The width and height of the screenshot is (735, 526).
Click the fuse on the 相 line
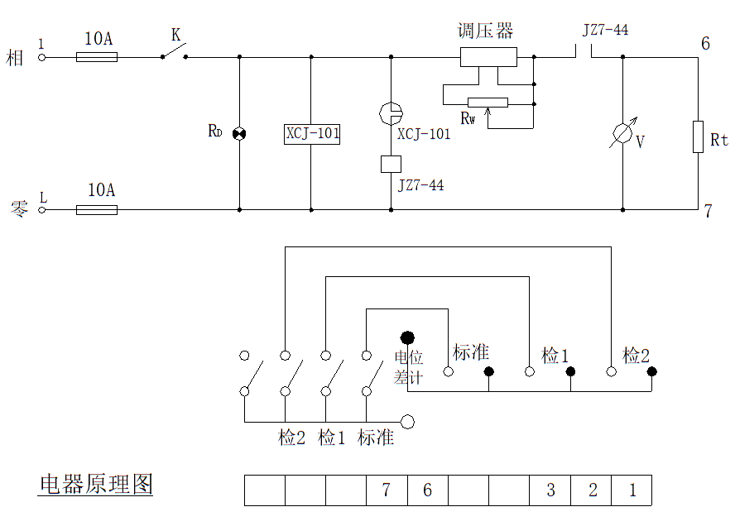coord(97,57)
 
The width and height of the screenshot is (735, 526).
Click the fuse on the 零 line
coord(97,210)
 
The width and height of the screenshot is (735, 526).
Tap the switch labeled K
coord(173,52)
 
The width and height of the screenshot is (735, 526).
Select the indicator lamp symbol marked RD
coord(239,133)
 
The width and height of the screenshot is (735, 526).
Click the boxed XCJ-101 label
coord(313,133)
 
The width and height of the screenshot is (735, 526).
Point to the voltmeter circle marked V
coord(622,136)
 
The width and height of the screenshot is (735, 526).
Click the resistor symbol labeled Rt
coord(699,136)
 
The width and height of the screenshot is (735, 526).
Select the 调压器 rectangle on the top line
coord(488,57)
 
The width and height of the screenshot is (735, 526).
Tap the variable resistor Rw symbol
coord(488,103)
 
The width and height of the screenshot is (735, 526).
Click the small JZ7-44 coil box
coord(391,164)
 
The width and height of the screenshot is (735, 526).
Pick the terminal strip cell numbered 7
coord(386,490)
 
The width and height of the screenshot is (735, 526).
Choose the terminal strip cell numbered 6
coord(427,490)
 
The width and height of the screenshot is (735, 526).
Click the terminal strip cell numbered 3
coord(550,490)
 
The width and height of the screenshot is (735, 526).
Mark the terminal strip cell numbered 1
coord(632,490)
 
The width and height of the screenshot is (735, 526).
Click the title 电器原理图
coord(96,484)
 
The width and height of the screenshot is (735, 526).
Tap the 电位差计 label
coord(408,368)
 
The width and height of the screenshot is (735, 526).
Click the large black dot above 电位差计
coord(407,337)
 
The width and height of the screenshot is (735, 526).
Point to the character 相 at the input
coord(16,58)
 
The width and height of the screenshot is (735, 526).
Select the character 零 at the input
coord(18,209)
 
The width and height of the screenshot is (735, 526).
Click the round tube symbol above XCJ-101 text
coord(391,112)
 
